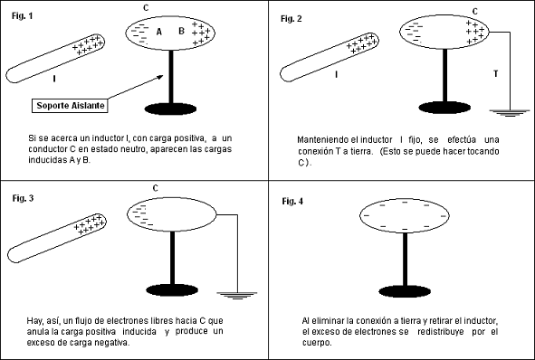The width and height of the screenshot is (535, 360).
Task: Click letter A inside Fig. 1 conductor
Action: (158, 32)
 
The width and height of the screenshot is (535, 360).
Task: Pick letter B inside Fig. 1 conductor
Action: (180, 32)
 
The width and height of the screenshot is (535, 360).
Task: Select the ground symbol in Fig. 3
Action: (238, 294)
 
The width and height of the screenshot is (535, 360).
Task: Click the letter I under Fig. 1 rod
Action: (54, 79)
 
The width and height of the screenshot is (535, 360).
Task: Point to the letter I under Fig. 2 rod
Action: (337, 76)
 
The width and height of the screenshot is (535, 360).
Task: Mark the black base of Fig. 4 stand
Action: (405, 292)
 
